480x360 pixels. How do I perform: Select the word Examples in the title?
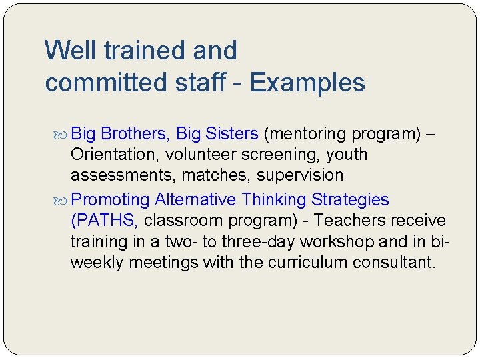307,83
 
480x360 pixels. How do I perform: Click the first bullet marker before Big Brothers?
63,134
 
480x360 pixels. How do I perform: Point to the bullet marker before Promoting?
63,200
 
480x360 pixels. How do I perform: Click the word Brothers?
139,134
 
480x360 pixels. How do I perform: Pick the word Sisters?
231,134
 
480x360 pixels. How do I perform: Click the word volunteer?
217,155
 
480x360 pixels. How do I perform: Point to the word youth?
347,155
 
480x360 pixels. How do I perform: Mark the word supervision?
301,175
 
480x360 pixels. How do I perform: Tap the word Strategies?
350,199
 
